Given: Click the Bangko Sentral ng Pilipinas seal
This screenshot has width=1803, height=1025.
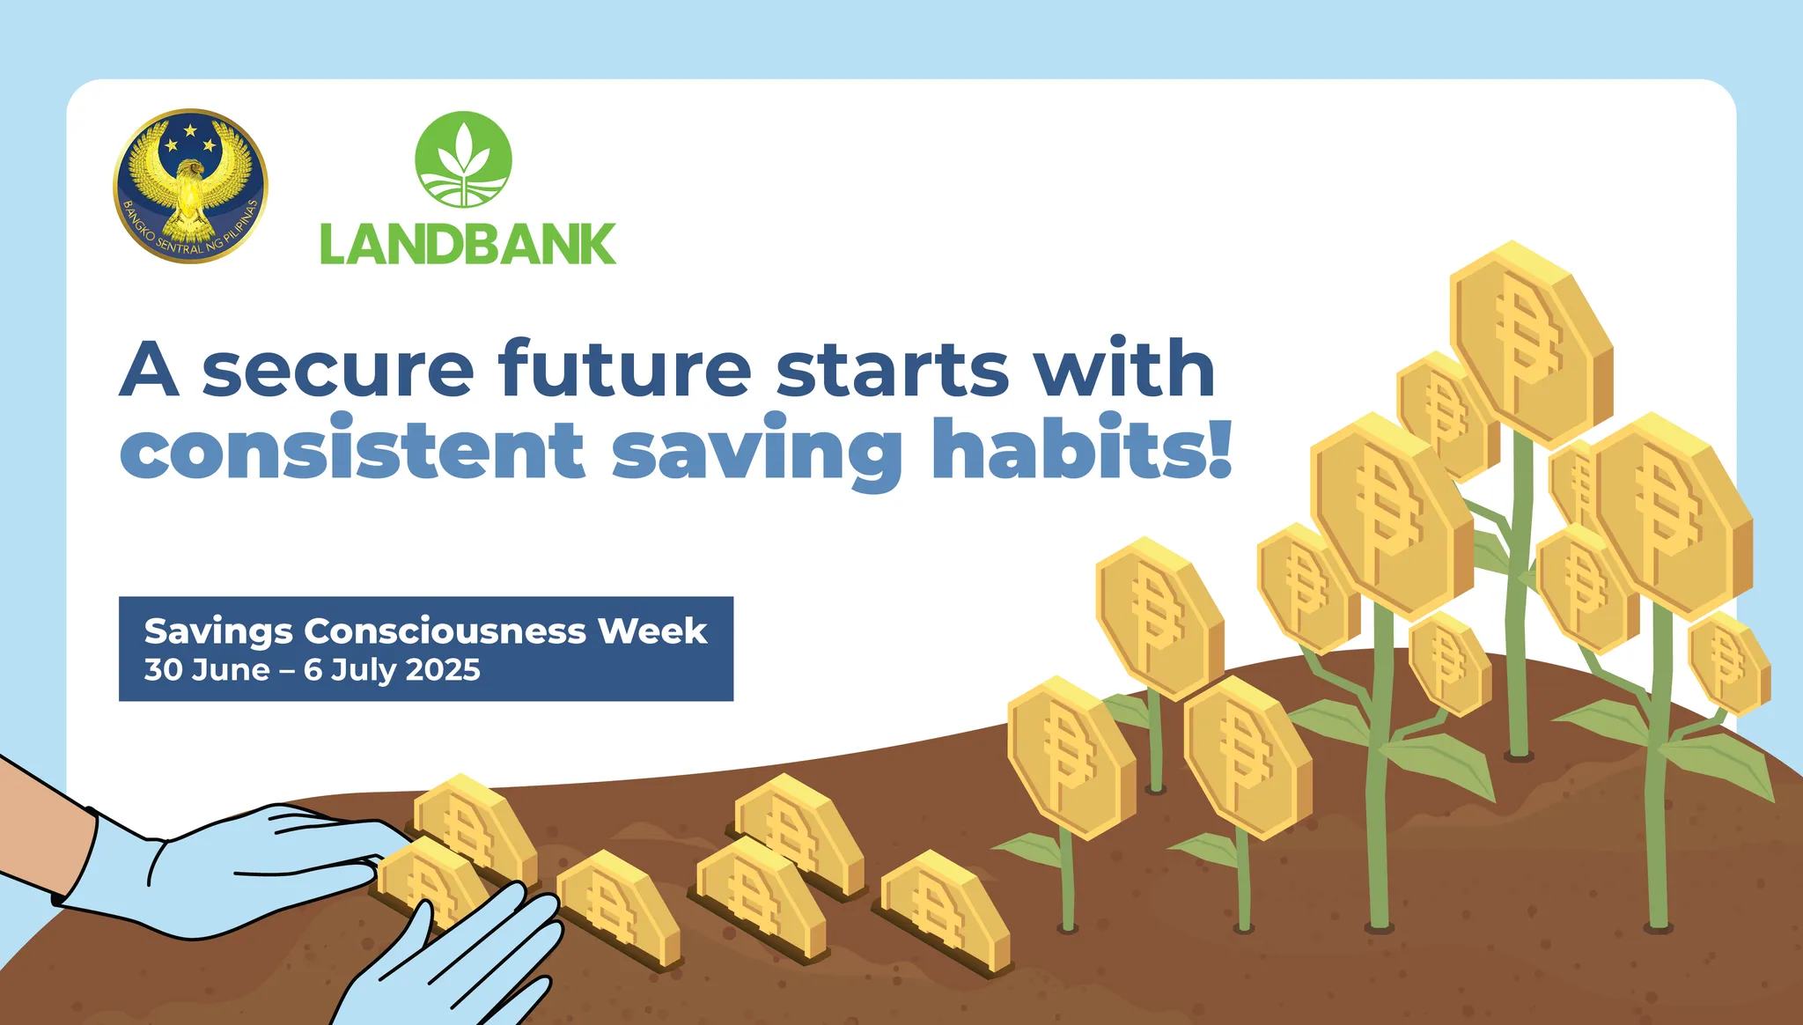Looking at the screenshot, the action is [x=190, y=186].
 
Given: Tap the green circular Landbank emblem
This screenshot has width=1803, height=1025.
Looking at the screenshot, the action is [x=463, y=159].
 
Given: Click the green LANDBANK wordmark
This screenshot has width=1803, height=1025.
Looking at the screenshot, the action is [x=467, y=244].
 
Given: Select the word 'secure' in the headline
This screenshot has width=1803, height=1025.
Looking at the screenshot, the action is [x=339, y=370].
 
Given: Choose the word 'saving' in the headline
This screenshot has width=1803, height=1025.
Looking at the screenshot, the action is [x=757, y=452].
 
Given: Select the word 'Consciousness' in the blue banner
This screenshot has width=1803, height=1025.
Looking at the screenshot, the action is [x=445, y=631].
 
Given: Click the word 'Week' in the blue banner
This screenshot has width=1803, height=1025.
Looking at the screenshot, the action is [x=652, y=631].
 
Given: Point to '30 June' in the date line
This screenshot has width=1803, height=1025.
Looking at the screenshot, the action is [x=207, y=670].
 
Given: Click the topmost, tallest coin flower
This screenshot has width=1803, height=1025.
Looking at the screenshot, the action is [x=1530, y=344].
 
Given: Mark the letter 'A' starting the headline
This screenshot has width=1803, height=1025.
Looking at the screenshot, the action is [x=150, y=370].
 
